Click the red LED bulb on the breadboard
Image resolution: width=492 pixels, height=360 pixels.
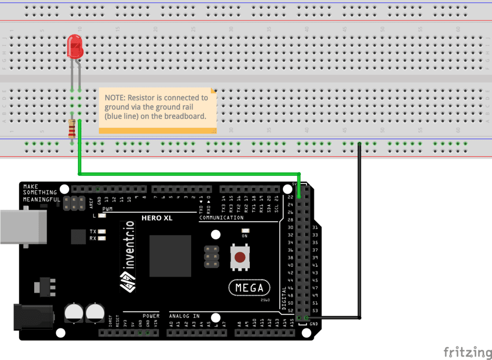click(x=75, y=47)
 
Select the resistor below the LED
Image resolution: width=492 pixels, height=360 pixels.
click(x=72, y=128)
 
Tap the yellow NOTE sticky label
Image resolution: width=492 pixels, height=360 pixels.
click(x=157, y=110)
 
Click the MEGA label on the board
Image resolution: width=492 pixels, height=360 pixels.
click(x=249, y=288)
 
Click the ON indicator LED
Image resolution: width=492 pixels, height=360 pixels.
click(x=245, y=231)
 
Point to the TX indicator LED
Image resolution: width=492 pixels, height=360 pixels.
click(x=101, y=232)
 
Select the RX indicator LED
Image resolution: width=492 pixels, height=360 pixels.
click(x=101, y=238)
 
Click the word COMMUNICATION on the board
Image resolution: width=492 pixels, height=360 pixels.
click(x=221, y=218)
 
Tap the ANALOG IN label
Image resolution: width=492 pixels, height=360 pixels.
click(x=184, y=316)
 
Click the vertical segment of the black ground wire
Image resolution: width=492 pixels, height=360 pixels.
click(x=359, y=231)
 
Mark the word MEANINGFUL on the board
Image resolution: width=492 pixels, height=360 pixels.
click(x=41, y=199)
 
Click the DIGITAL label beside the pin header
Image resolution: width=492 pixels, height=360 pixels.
click(x=284, y=298)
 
